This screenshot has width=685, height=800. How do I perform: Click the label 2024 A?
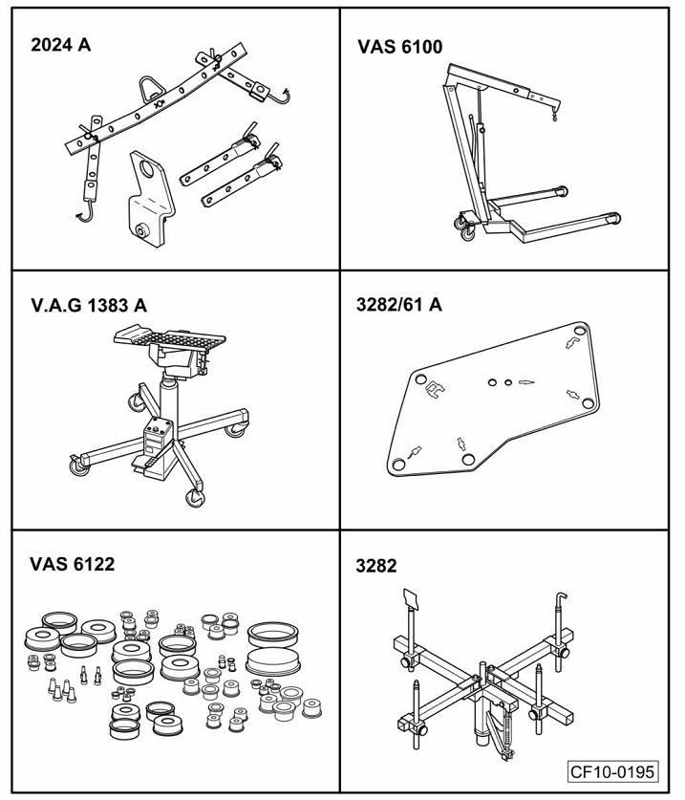[61, 44]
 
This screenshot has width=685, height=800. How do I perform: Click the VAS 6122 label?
[73, 564]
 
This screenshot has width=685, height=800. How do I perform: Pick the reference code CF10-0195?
[612, 770]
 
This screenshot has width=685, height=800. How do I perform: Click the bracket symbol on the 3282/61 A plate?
[435, 387]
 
